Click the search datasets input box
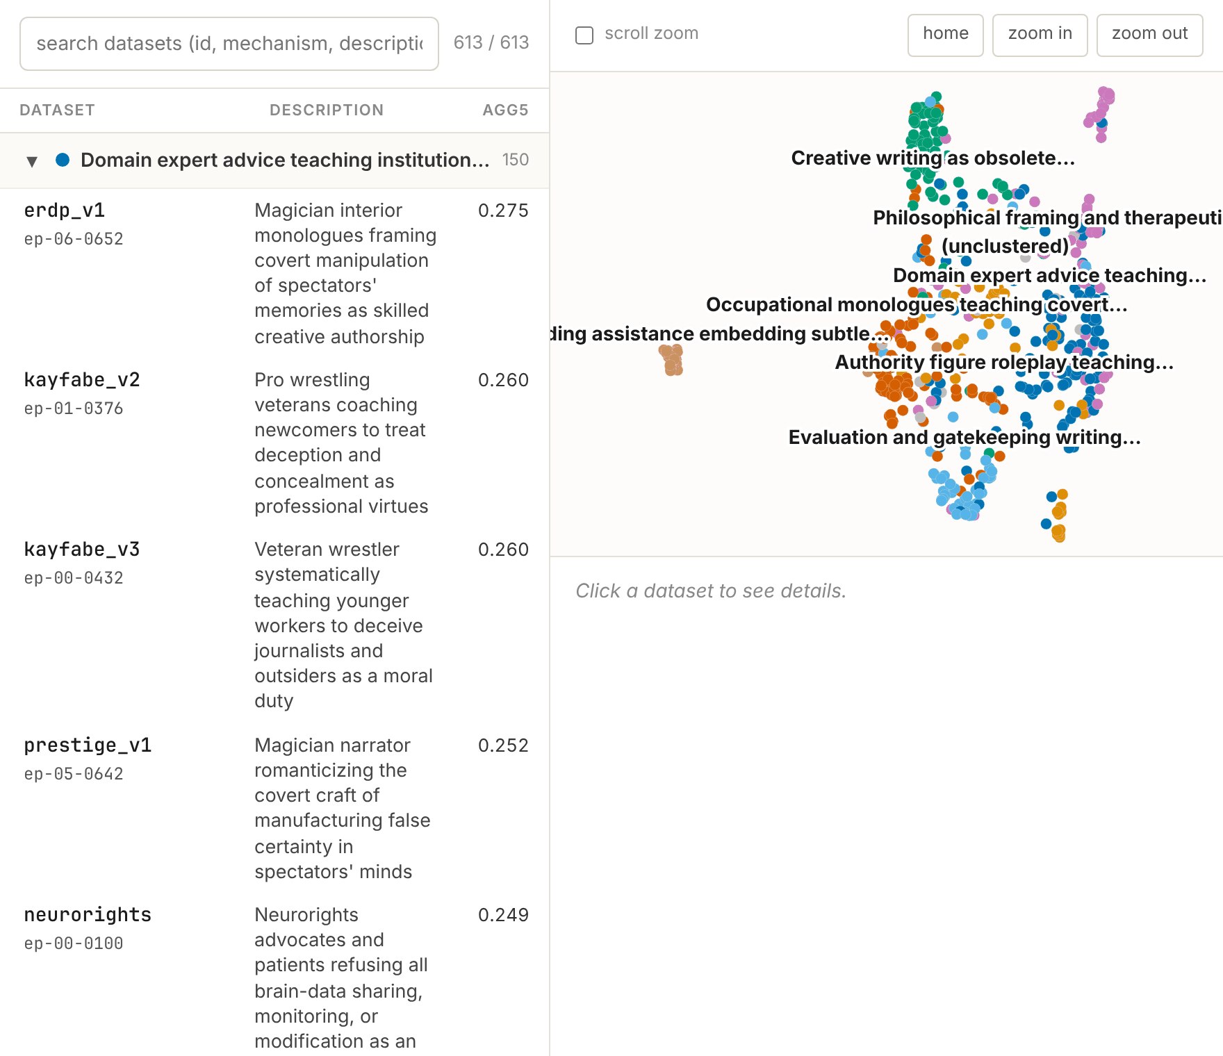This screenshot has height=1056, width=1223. (229, 44)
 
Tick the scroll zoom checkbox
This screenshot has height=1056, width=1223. (584, 35)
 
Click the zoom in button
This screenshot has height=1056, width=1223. (1040, 35)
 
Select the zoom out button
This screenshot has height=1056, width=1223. (1149, 35)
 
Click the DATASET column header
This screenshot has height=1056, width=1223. (57, 110)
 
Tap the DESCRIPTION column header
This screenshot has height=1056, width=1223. (327, 110)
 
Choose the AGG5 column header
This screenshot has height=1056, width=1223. (505, 110)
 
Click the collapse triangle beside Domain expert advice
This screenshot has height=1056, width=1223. (32, 161)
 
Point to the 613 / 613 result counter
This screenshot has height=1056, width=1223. (491, 42)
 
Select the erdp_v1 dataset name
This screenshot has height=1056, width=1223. (65, 210)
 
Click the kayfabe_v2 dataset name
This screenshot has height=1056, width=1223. (82, 379)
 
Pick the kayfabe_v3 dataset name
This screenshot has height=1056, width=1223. (82, 549)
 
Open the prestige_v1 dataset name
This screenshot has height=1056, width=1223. (88, 745)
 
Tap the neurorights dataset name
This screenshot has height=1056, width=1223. (88, 914)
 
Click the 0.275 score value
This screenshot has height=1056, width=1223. (503, 210)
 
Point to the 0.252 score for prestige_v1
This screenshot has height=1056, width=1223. (503, 745)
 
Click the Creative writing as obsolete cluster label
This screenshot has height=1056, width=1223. (933, 158)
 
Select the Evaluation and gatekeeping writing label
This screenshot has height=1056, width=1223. (965, 437)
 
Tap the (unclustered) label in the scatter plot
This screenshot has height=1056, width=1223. (1005, 246)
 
